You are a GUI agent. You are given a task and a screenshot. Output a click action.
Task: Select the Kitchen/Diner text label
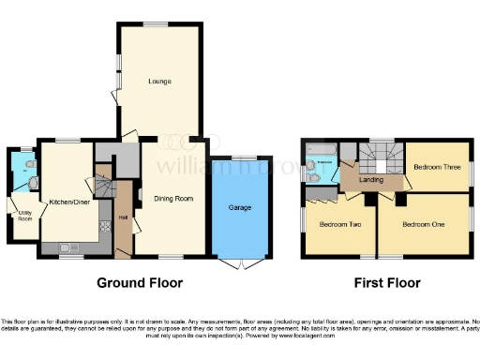point(67,202)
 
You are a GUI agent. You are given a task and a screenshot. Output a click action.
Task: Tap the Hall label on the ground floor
point(123,219)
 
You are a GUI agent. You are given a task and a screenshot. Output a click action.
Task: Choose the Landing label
point(371,180)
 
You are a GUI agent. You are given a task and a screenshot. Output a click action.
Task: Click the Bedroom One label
point(421,224)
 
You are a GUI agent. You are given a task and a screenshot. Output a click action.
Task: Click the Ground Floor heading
point(141,282)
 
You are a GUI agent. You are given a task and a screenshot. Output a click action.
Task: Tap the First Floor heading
point(386,282)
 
